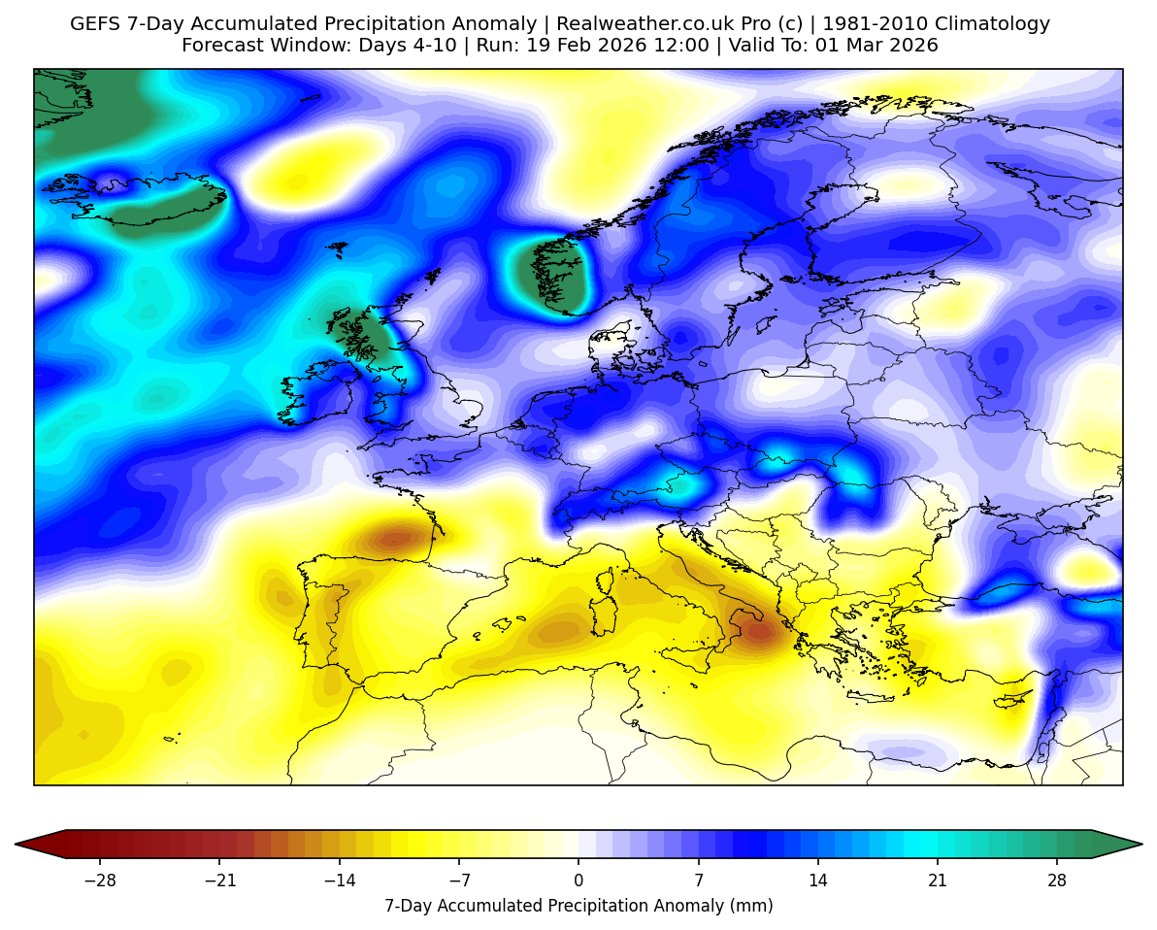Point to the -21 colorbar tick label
coord(219,880)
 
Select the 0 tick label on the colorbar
coord(578,880)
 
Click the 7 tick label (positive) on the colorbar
coord(699,880)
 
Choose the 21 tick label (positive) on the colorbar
coord(938,880)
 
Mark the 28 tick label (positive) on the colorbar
coord(1057,880)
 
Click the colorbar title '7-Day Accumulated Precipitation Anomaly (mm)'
coord(578,906)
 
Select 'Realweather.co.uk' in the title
coord(633,24)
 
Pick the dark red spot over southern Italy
coord(758,632)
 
